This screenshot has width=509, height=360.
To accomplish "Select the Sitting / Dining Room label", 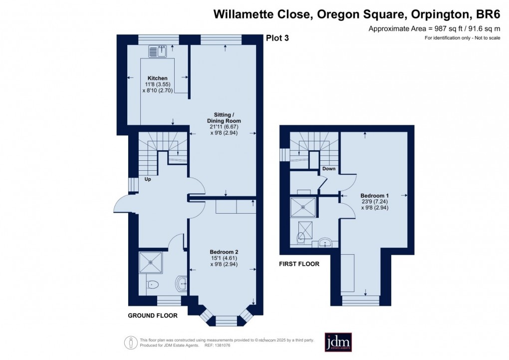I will pos(224,118).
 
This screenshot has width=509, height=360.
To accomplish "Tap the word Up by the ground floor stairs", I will pos(148,179).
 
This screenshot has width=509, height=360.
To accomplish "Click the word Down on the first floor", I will pos(329,169).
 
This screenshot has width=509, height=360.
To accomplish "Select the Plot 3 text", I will pos(276,38).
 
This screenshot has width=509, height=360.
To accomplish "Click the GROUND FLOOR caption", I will pos(150,315).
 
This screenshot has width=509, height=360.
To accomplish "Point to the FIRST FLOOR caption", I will pos(299,264).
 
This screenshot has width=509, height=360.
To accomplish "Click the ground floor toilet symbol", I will pos(152,285).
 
